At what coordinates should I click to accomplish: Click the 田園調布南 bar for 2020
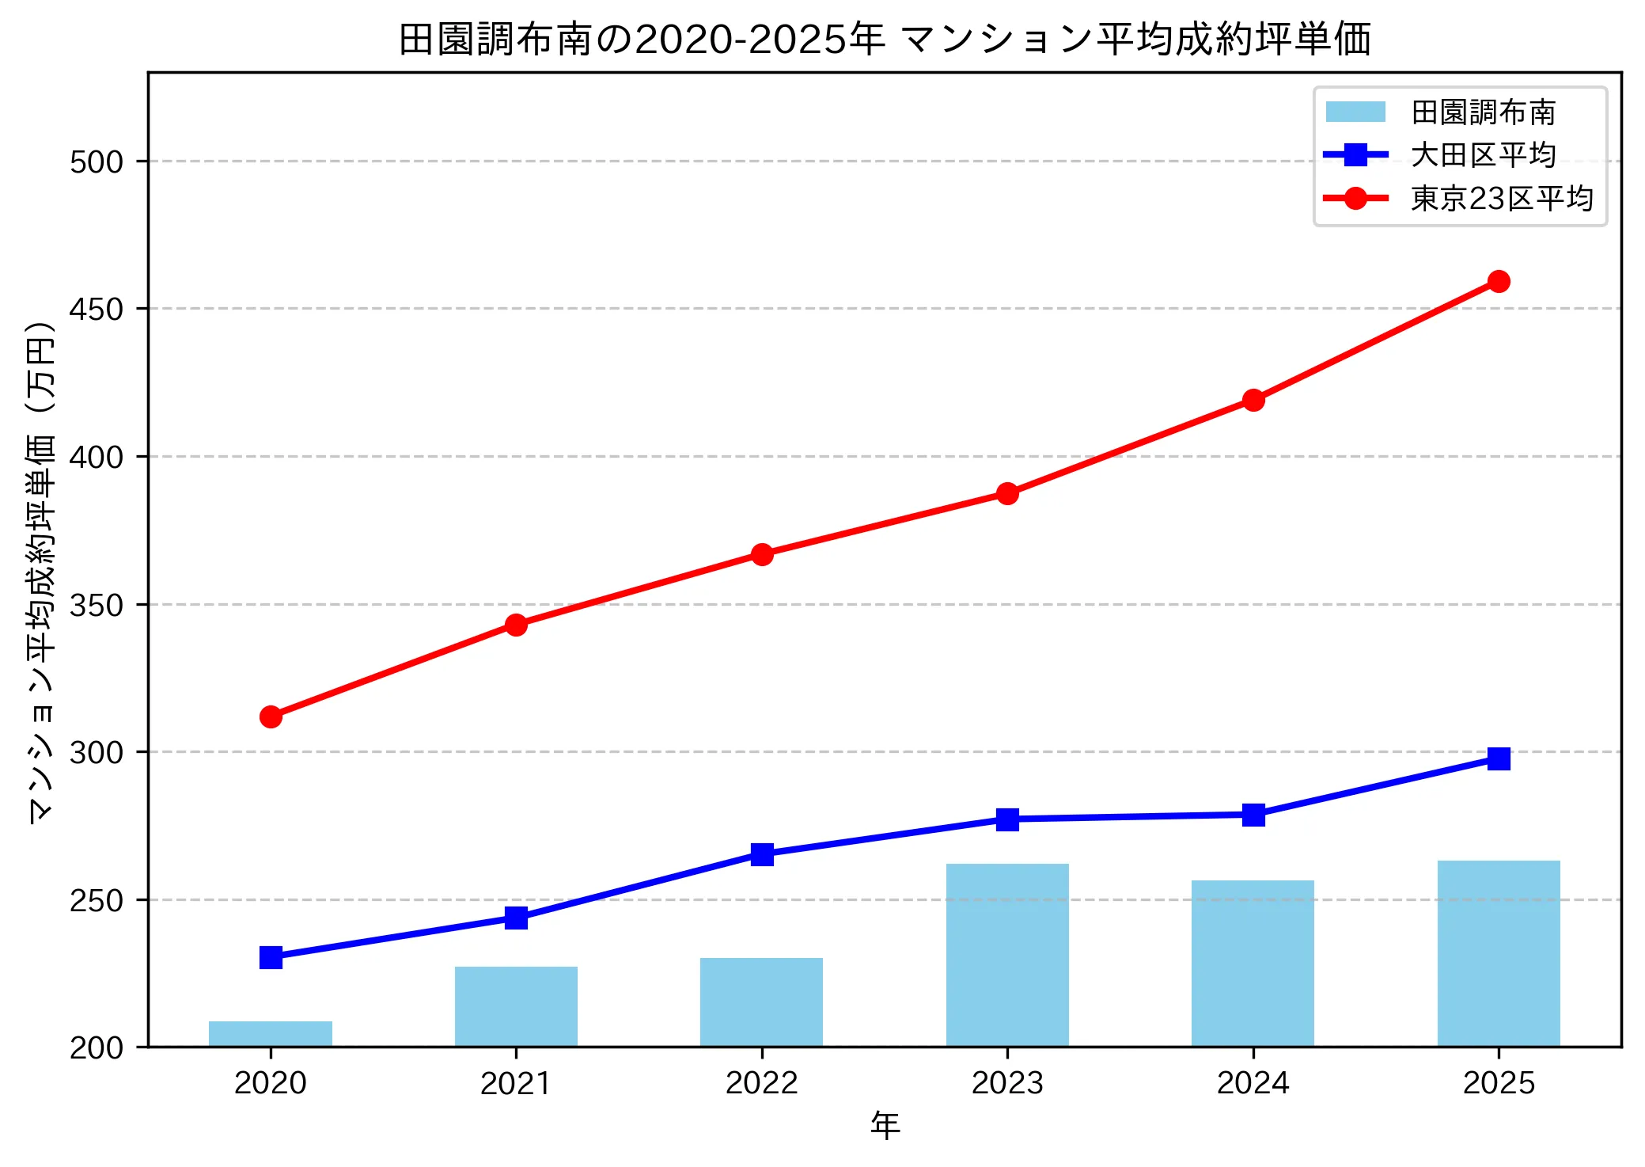coord(271,1034)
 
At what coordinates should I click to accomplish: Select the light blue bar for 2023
coord(1007,955)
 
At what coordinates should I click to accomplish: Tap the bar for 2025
coord(1499,953)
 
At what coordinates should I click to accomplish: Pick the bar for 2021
coord(516,1006)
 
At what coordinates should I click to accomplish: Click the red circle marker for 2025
coord(1499,281)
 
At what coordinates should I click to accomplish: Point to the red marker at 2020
coord(271,717)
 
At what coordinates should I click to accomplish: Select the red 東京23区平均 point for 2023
coord(1007,493)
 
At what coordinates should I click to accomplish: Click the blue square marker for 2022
coord(762,853)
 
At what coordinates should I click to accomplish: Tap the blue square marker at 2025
coord(1499,758)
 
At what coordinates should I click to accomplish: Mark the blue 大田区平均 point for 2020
coord(271,957)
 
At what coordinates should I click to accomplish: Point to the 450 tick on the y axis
coord(97,309)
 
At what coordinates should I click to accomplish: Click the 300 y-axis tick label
coord(97,752)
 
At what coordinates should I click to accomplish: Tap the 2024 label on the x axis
coord(1253,1082)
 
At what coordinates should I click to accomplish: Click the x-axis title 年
coord(885,1125)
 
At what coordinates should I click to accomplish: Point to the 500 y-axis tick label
coord(97,162)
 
